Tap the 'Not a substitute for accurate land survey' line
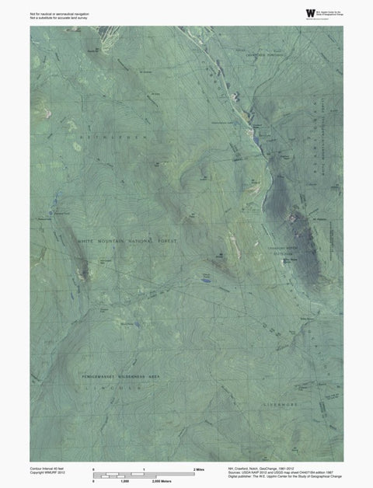(x=55, y=17)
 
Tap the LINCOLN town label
(x=120, y=385)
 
